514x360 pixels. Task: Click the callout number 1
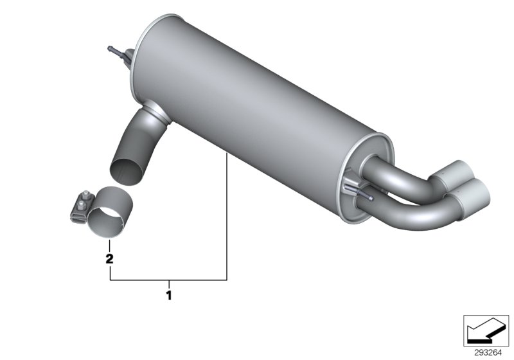pos(169,296)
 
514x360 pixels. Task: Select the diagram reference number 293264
pos(488,353)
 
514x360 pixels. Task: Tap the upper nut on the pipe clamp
pos(85,195)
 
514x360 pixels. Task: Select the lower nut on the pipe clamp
pos(81,206)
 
